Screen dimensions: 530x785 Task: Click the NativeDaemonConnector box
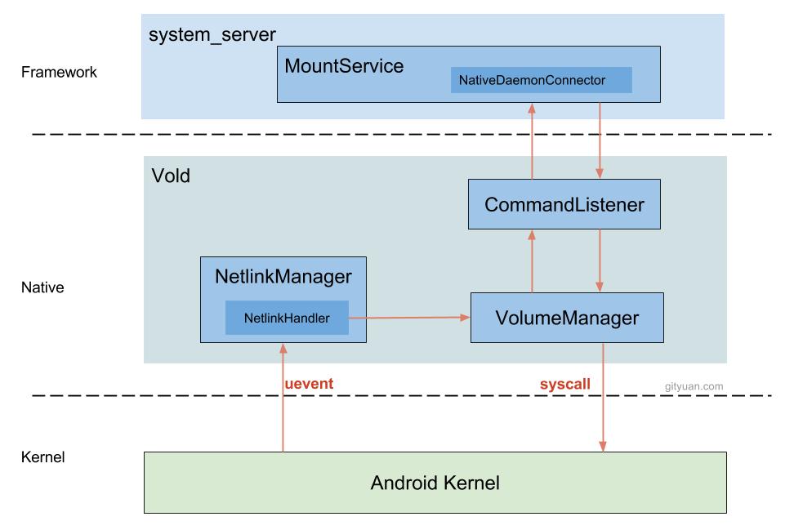pyautogui.click(x=541, y=80)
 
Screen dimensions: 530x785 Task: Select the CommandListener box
pyautogui.click(x=564, y=204)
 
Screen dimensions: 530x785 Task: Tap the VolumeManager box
pyautogui.click(x=567, y=317)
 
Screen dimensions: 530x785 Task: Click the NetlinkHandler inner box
pyautogui.click(x=287, y=318)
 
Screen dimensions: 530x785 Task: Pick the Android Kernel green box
pyautogui.click(x=435, y=483)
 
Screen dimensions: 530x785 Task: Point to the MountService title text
pyautogui.click(x=344, y=66)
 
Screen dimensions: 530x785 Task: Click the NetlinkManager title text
pyautogui.click(x=283, y=276)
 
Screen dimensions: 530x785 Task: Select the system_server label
pyautogui.click(x=212, y=34)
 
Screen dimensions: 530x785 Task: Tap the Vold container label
pyautogui.click(x=171, y=176)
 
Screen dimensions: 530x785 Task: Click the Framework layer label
pyautogui.click(x=59, y=72)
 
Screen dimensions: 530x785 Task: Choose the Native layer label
pyautogui.click(x=42, y=287)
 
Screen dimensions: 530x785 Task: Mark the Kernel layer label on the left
pyautogui.click(x=42, y=457)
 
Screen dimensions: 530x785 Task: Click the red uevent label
pyautogui.click(x=309, y=383)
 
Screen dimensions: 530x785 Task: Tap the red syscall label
pyautogui.click(x=564, y=383)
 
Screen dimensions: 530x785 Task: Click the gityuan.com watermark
pyautogui.click(x=694, y=385)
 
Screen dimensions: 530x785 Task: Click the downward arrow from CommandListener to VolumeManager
pyautogui.click(x=601, y=261)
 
